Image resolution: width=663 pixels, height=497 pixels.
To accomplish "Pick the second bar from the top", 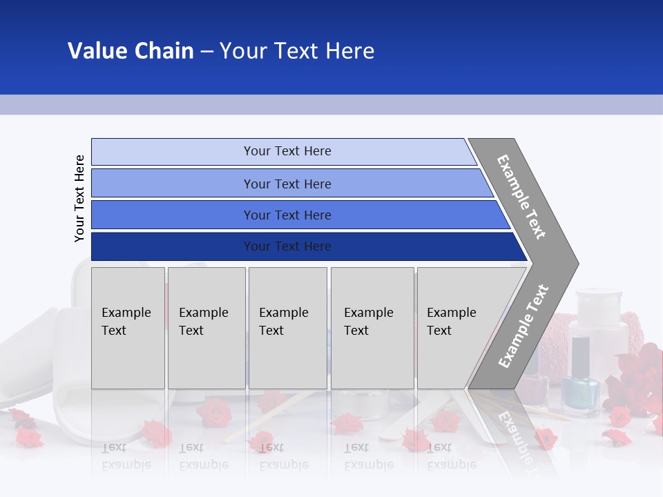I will pos(287,184).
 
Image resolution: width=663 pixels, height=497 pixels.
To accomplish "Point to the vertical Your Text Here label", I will pos(79,198).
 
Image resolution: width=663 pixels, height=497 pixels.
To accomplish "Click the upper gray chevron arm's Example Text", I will pos(521,197).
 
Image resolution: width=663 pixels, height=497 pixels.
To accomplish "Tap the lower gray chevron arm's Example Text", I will pos(523,326).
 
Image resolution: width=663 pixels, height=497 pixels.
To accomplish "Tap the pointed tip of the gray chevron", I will pos(577,264).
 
